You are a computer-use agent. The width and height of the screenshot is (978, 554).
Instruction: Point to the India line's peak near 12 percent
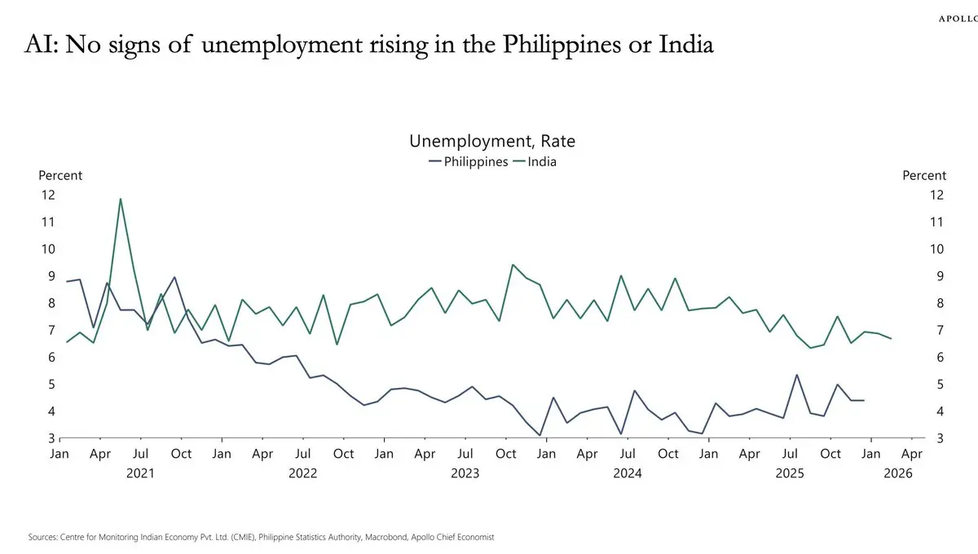point(121,199)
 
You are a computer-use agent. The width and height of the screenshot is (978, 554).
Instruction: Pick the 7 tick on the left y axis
point(51,330)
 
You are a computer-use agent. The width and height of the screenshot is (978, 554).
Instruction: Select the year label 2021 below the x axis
point(140,473)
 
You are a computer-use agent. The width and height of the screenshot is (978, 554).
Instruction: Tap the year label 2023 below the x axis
point(465,473)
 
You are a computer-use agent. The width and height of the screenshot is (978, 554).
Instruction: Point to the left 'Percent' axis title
point(60,175)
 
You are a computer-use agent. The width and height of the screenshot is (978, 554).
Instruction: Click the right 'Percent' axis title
point(924,175)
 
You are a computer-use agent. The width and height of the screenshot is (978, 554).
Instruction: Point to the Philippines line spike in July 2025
point(796,376)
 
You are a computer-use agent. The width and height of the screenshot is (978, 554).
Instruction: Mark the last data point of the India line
point(891,338)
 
